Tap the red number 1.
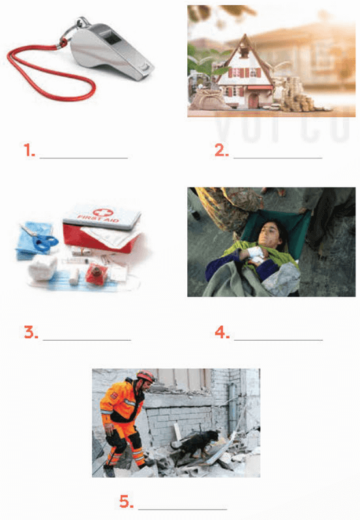pos(28,151)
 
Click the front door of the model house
pos(252,101)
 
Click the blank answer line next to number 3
pos(87,339)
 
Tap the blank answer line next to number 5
pos(183,508)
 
